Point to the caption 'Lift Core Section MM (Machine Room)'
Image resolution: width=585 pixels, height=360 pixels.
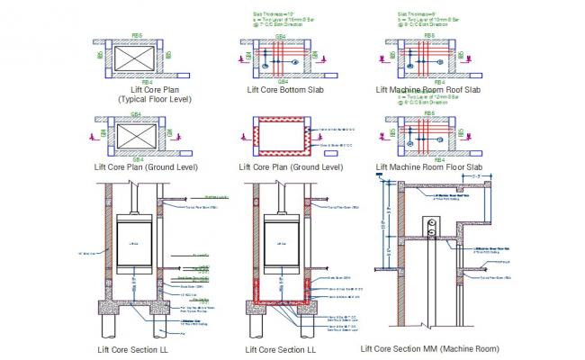pyautogui.click(x=433, y=348)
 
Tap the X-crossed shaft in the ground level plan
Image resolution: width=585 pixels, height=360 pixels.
pyautogui.click(x=135, y=136)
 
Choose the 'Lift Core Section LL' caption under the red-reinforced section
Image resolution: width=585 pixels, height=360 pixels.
pyautogui.click(x=283, y=349)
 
